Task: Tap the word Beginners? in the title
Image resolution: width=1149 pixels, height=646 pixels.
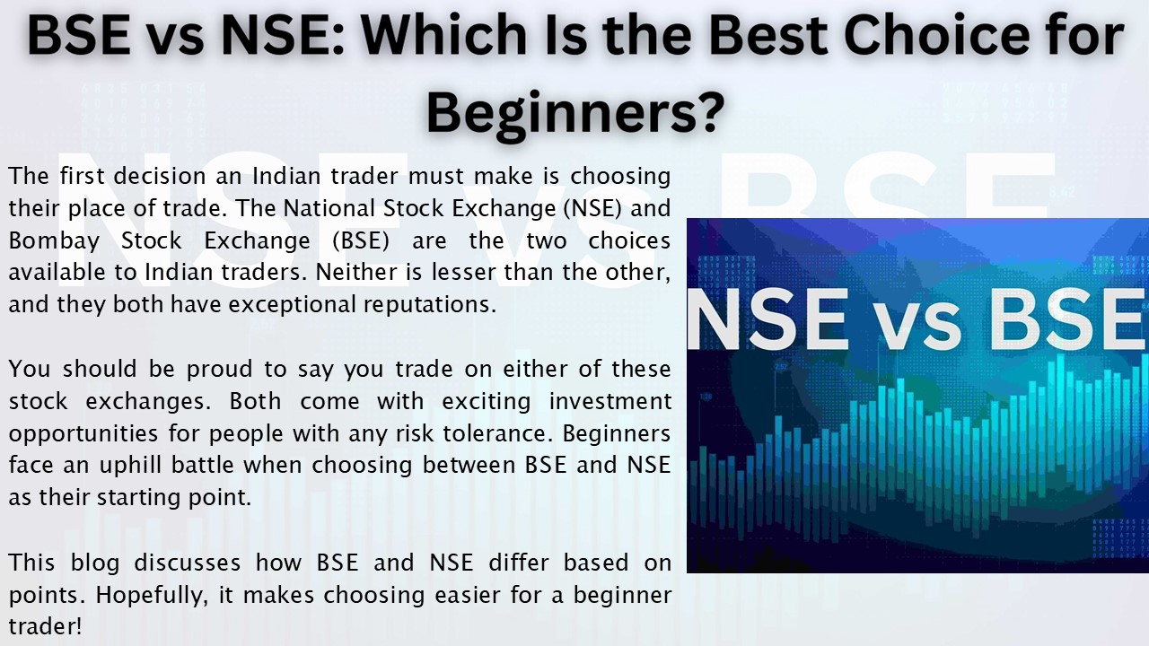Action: click(x=574, y=111)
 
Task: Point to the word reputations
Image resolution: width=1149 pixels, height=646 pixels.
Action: click(x=429, y=304)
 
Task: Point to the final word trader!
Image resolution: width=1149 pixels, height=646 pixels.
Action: click(x=45, y=626)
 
